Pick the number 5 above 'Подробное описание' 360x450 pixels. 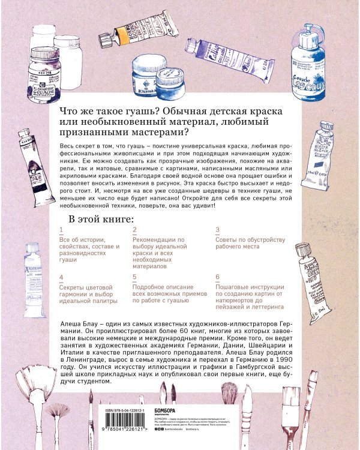[135, 278]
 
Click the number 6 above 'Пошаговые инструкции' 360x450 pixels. [217, 278]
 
